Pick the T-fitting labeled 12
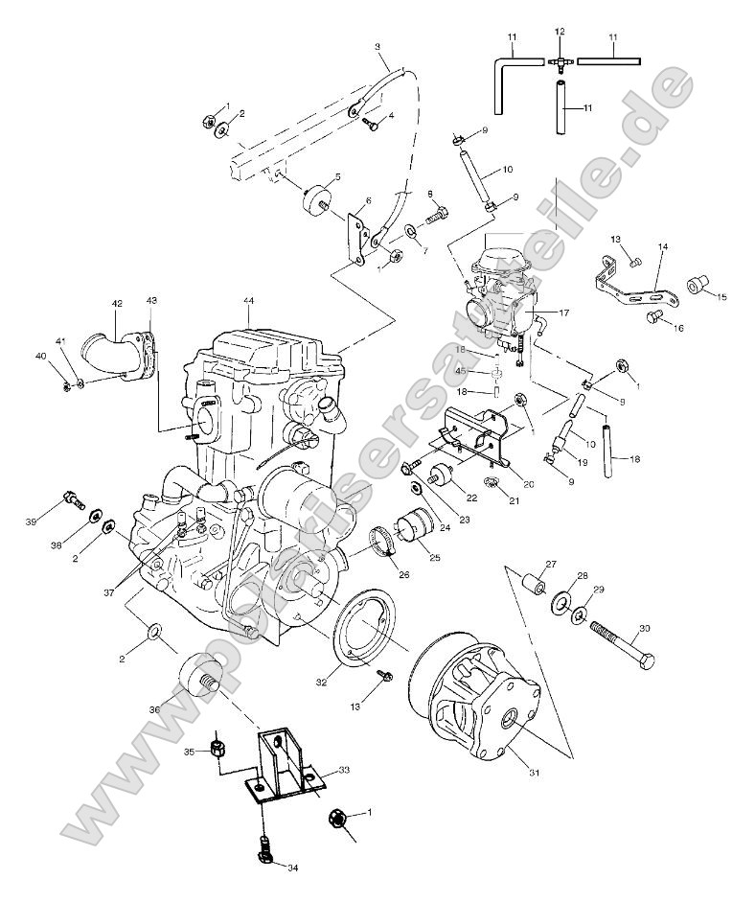[x=560, y=60]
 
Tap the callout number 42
[x=117, y=304]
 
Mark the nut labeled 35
[x=217, y=745]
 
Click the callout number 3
[x=377, y=46]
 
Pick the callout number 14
[x=661, y=247]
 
